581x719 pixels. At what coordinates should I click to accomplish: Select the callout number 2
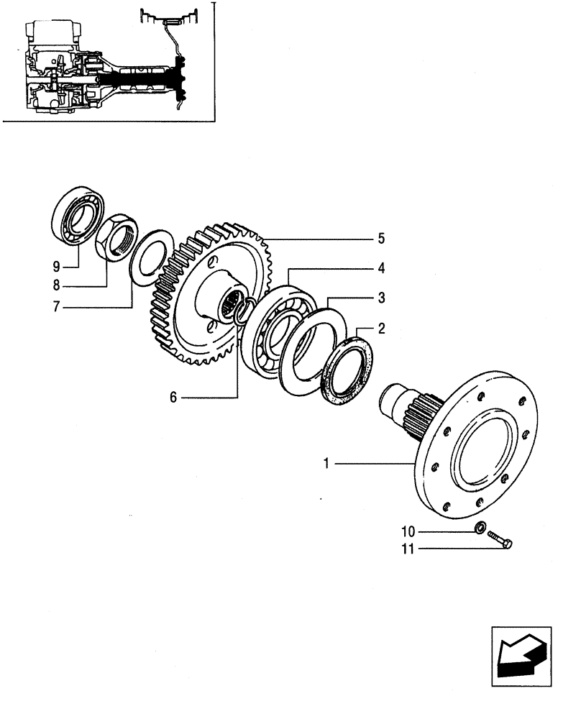coord(382,329)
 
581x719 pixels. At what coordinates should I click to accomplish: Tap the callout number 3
coord(382,297)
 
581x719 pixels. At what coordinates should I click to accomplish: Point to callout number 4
coord(382,268)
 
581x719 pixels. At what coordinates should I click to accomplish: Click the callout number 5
coord(382,237)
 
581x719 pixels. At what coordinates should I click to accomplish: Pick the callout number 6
coord(173,395)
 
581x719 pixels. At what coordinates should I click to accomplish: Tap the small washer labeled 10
coord(480,530)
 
